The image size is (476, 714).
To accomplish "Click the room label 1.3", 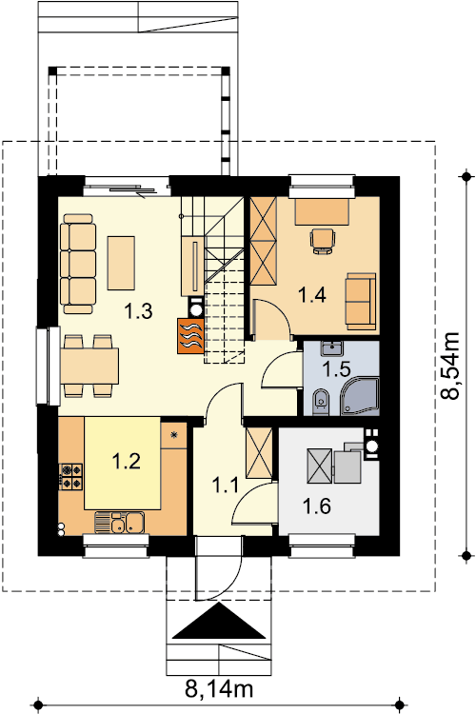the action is tap(138, 311).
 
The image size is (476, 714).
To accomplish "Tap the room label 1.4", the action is tap(312, 295).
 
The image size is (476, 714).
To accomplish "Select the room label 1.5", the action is tap(336, 369).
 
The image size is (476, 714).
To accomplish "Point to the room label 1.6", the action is tap(317, 506).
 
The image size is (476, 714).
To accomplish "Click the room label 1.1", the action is tap(225, 486).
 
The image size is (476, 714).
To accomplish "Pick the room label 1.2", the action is tap(127, 462).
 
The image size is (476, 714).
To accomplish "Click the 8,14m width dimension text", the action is tap(219, 689).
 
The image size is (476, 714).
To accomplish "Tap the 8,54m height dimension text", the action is tap(450, 366).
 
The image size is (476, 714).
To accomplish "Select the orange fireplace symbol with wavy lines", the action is tap(190, 335).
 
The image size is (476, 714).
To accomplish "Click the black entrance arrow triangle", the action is tap(220, 620).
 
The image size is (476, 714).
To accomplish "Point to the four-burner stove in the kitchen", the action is tap(71, 476).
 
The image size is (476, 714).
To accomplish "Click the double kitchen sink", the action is tap(119, 523).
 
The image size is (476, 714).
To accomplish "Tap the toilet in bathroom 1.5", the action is tap(321, 401).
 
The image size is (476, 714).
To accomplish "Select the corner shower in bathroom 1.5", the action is tap(360, 396).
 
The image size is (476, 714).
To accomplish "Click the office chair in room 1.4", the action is tap(323, 241).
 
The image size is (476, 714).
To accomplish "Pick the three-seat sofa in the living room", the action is tap(77, 264).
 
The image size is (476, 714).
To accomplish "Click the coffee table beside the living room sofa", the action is tap(121, 263).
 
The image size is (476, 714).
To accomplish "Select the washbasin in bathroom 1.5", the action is tap(332, 348).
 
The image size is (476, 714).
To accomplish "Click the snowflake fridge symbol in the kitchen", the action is tap(173, 435).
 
